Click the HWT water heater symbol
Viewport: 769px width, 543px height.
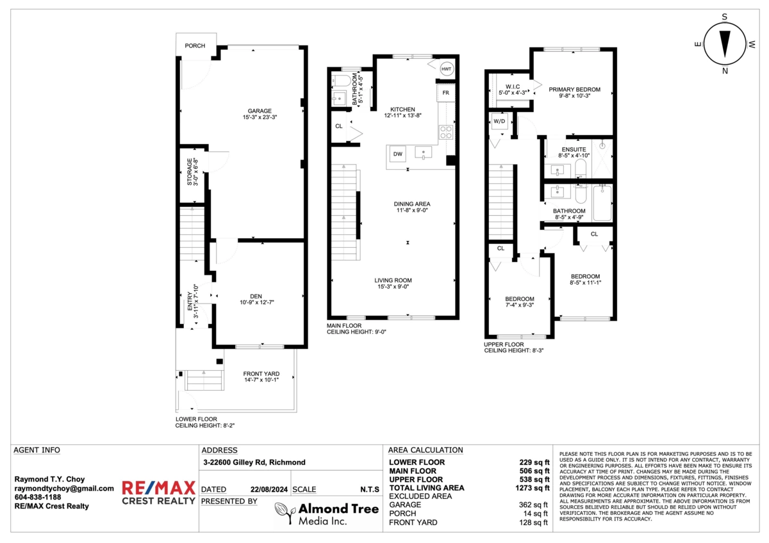(x=446, y=69)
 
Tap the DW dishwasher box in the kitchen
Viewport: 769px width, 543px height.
(x=397, y=154)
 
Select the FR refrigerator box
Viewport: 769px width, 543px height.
(x=445, y=93)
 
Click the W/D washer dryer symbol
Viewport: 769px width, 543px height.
(x=499, y=122)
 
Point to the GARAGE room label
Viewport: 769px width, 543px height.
(x=260, y=111)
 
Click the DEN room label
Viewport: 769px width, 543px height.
(x=256, y=296)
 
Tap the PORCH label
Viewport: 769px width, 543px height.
(x=195, y=46)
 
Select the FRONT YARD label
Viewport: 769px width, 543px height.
(x=261, y=375)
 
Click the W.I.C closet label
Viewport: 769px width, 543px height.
(x=512, y=86)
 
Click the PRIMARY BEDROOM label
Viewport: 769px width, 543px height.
(x=574, y=90)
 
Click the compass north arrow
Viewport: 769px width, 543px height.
(x=725, y=45)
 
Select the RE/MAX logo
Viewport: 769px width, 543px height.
(x=158, y=492)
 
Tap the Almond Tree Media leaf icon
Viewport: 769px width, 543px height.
(x=284, y=510)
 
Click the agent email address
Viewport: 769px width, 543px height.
(x=64, y=488)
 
